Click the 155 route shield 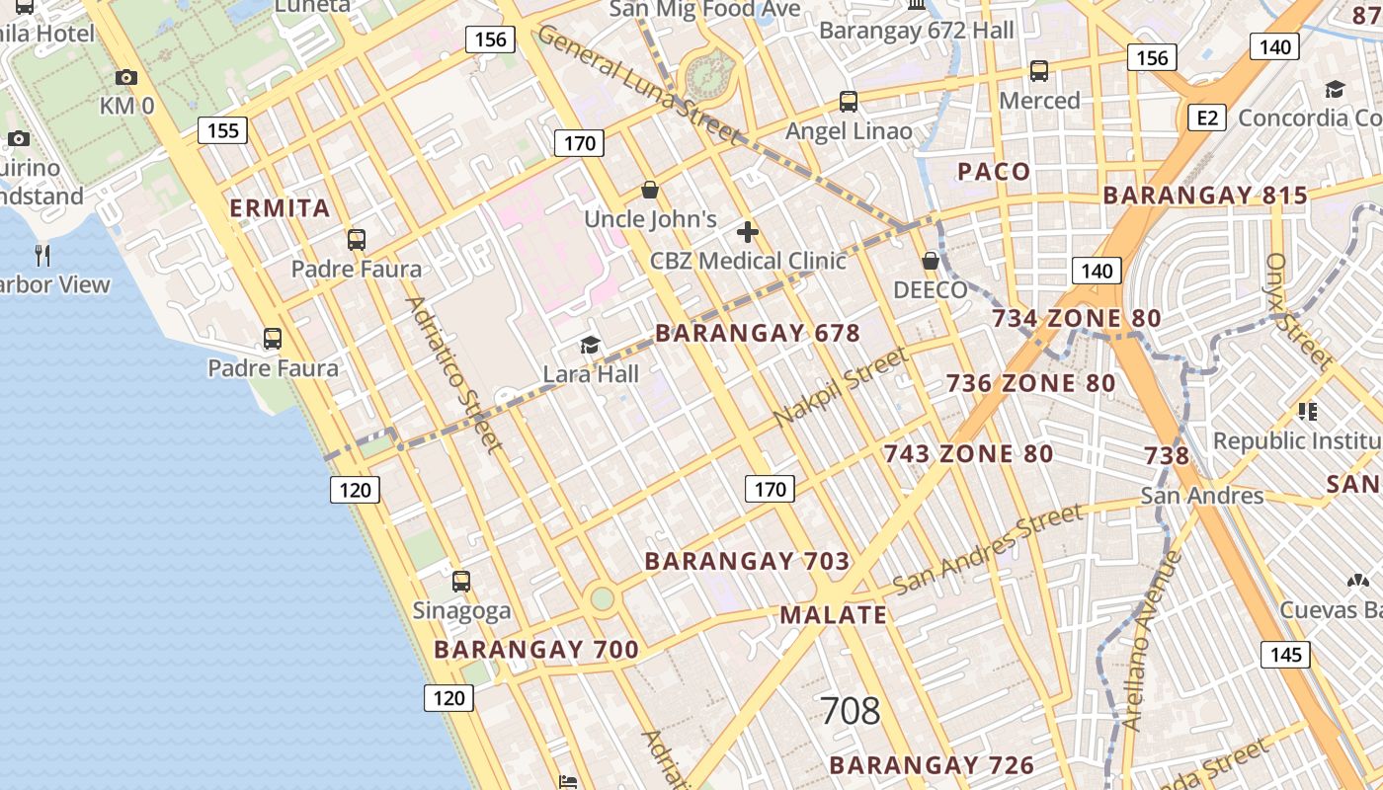[222, 130]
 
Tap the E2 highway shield [1206, 118]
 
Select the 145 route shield [1285, 655]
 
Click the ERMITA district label [280, 208]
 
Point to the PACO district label [994, 172]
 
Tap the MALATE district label [834, 614]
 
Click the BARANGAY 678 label [758, 333]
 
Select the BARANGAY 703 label [747, 562]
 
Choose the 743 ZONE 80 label [968, 454]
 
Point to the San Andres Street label [988, 549]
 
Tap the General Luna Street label [638, 83]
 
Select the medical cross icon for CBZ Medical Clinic [748, 233]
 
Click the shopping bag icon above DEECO [930, 261]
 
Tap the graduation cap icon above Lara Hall [590, 345]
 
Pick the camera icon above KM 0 [125, 77]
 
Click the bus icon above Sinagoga [460, 582]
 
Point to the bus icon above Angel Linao [848, 101]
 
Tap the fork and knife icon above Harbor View [42, 256]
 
